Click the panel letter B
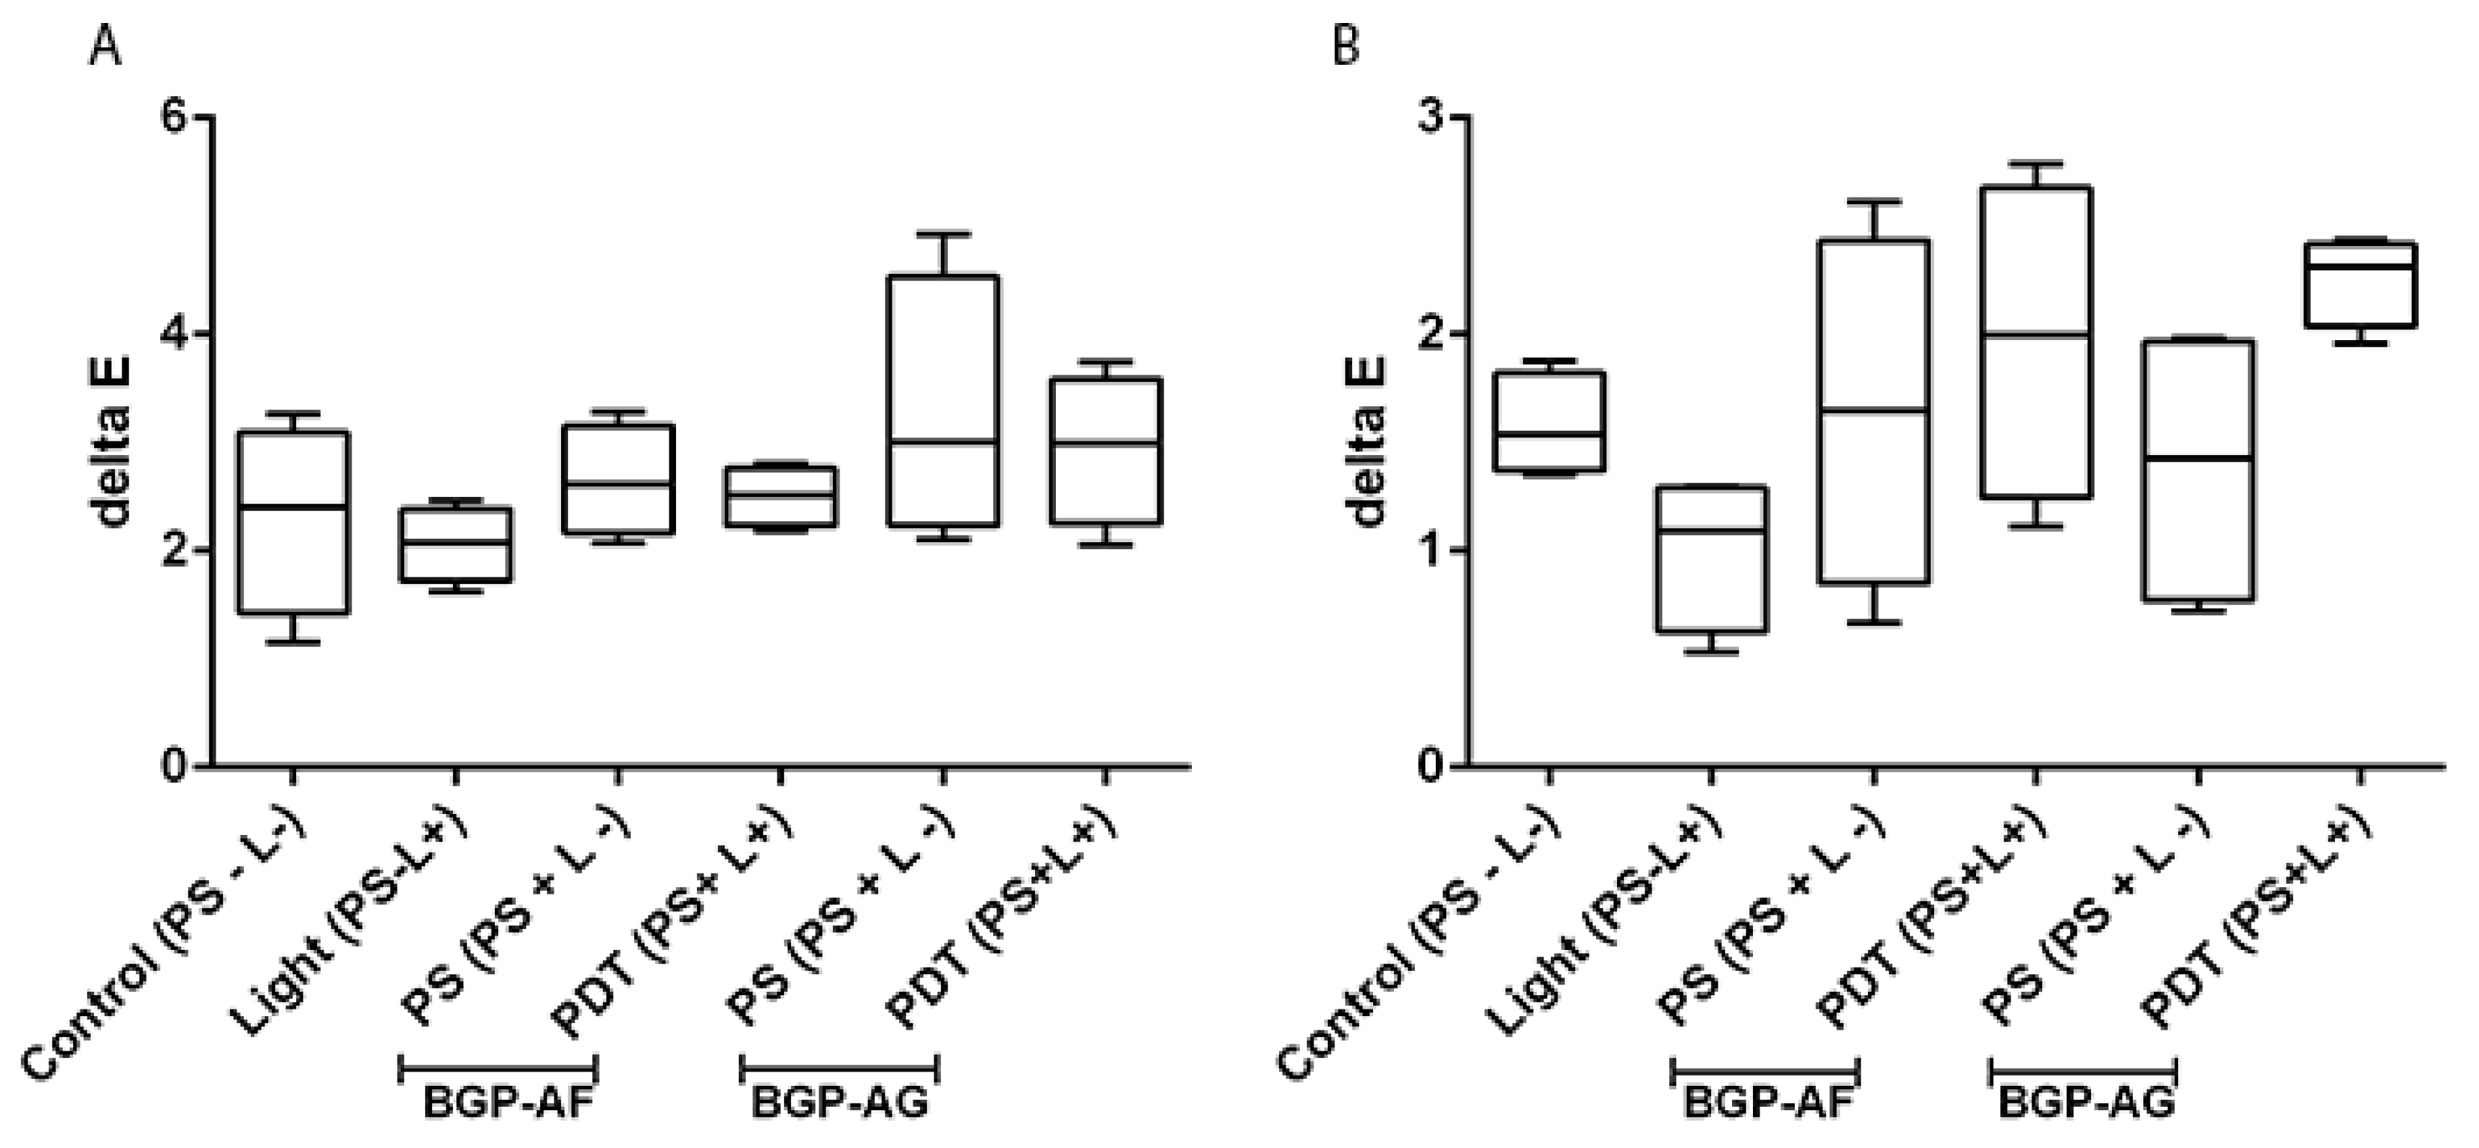[x=1345, y=45]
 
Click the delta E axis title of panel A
[x=114, y=441]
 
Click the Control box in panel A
[x=293, y=523]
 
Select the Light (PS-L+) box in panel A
[x=455, y=545]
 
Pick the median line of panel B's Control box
[x=1548, y=434]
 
